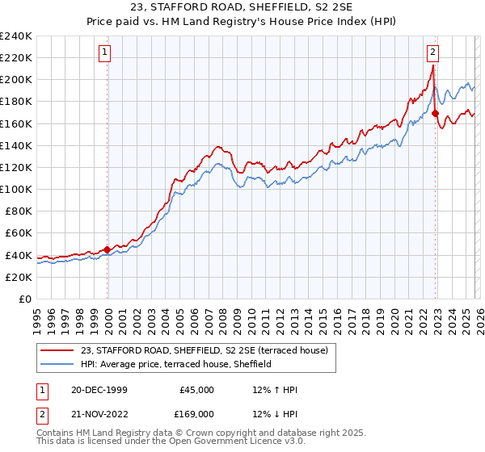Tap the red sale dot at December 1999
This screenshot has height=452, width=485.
point(108,249)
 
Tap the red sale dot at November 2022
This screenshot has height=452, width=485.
point(435,114)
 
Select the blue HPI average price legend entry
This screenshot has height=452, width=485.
point(176,364)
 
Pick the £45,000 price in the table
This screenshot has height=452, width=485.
point(196,390)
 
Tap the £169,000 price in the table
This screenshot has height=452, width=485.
point(196,414)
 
